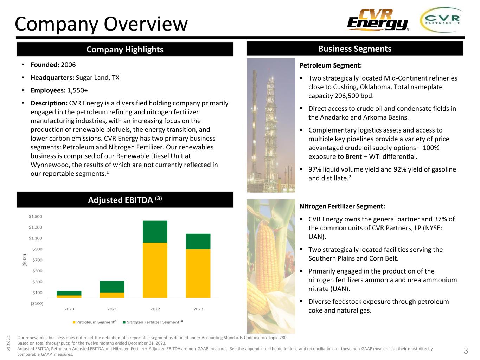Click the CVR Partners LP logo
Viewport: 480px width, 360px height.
(x=442, y=20)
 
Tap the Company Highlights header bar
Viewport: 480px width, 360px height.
(x=125, y=49)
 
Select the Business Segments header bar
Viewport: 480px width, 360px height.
(x=354, y=49)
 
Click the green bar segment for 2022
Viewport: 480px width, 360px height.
(x=155, y=232)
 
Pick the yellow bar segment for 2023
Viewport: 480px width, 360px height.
(x=198, y=274)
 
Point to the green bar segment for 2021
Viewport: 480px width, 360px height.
(x=112, y=287)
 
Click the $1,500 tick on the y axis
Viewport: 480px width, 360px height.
(x=35, y=217)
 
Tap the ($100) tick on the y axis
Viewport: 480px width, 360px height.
(x=35, y=303)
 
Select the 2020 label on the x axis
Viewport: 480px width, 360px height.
(x=69, y=309)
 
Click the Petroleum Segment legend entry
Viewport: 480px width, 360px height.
(x=95, y=322)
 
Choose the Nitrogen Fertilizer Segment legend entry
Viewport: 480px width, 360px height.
(x=152, y=322)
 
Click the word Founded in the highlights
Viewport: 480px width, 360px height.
(x=45, y=65)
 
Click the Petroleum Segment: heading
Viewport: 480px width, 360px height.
(x=331, y=65)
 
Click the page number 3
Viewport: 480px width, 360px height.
(x=466, y=351)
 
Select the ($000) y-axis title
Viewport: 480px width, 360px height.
(x=25, y=260)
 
